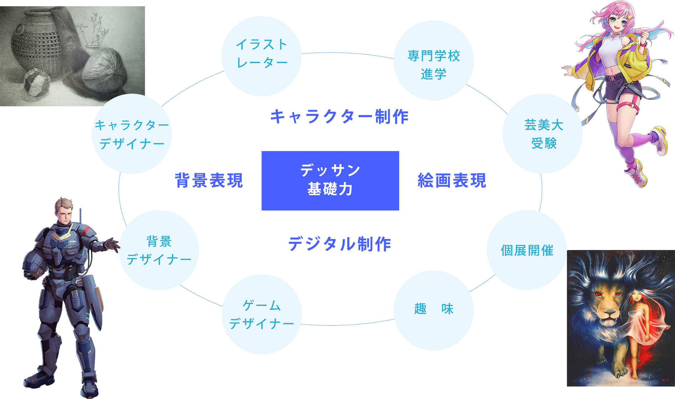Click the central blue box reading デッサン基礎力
click(x=330, y=180)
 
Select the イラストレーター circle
click(x=261, y=56)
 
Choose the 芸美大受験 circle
click(x=542, y=134)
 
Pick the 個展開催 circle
click(x=527, y=250)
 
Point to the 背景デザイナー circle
click(x=159, y=250)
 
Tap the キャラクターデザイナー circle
click(x=132, y=134)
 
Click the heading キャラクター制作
click(x=339, y=117)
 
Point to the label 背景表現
click(x=209, y=180)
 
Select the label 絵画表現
click(x=452, y=180)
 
